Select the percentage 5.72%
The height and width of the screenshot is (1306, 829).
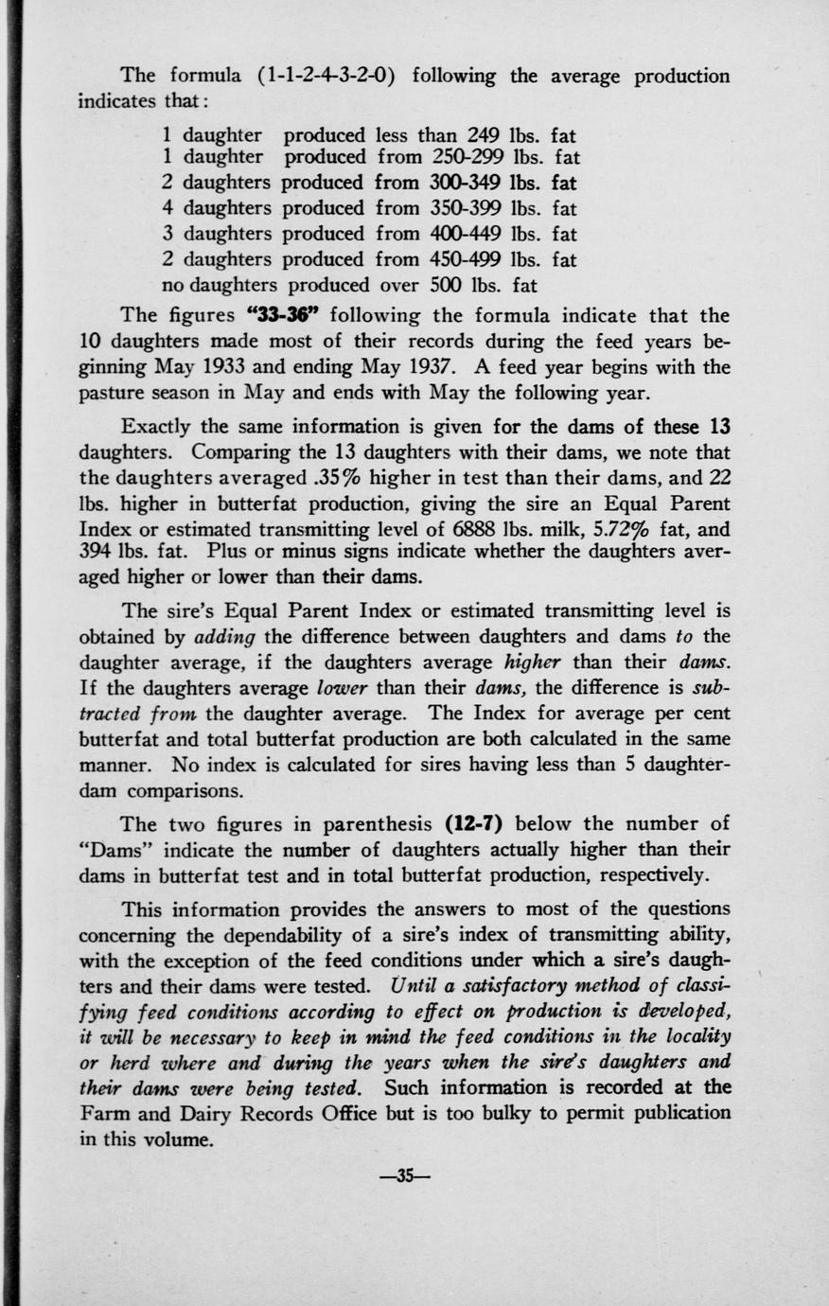click(x=607, y=529)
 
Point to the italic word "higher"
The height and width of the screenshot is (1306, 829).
click(x=531, y=662)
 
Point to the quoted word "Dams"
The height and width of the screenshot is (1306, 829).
click(x=109, y=850)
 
